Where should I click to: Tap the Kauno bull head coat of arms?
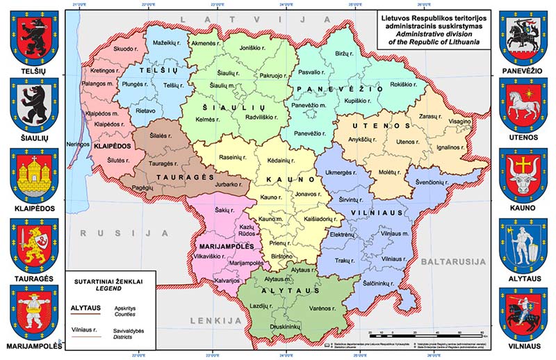tap(524, 174)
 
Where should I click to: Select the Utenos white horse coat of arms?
tap(524, 104)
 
